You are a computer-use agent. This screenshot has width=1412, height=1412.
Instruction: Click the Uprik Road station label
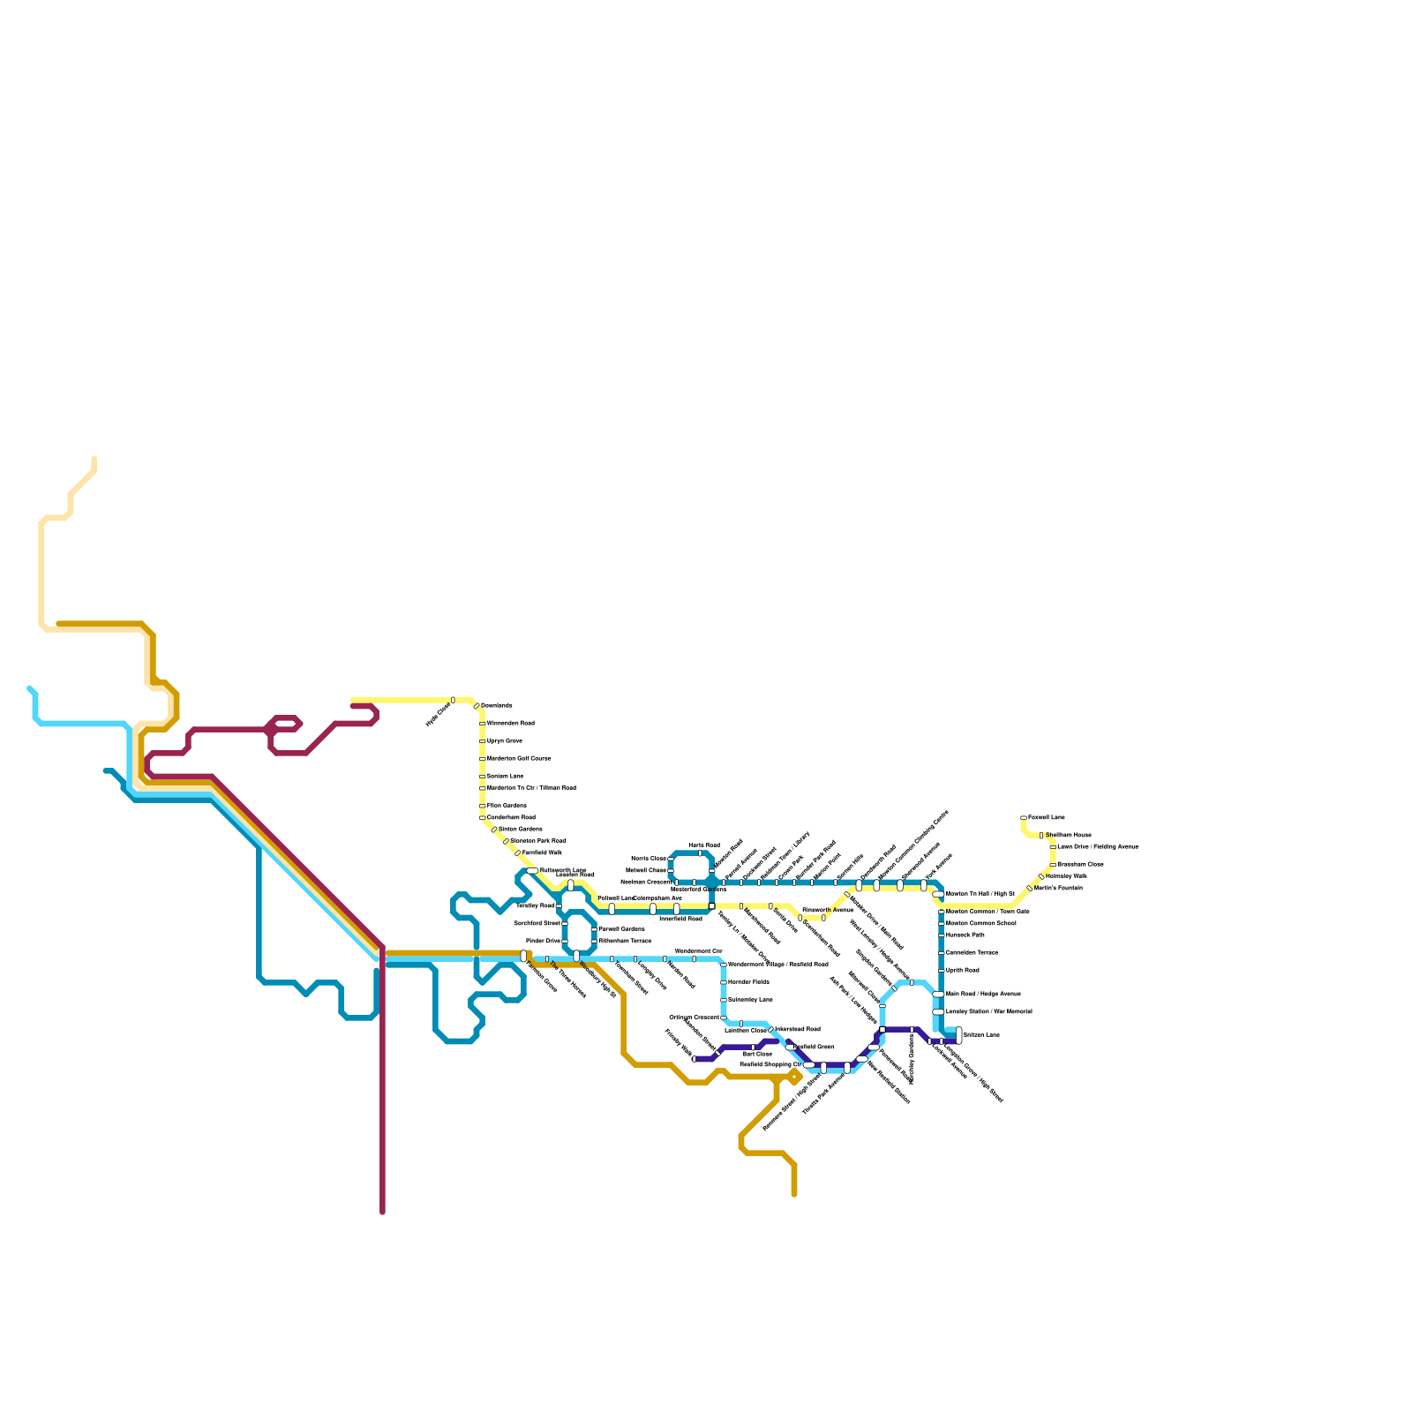(962, 970)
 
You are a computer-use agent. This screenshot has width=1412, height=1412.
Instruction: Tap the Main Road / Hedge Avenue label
(983, 994)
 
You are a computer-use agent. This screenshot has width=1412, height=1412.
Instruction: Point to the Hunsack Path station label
(965, 935)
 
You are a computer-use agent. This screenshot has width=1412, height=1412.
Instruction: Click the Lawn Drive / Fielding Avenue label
(1097, 846)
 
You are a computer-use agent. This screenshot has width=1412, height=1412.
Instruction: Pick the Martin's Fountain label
(1058, 888)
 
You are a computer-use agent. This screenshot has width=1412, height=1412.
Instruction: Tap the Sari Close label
(756, 1054)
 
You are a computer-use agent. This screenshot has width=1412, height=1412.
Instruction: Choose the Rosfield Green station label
(815, 1047)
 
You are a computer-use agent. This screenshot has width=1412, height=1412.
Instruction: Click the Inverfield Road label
(680, 919)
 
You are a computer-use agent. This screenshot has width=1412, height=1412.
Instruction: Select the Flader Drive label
(543, 941)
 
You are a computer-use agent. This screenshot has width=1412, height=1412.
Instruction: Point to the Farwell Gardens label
(621, 929)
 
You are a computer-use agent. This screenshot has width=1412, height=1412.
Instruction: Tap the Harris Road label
(703, 845)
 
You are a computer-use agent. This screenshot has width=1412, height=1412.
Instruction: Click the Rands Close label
(649, 858)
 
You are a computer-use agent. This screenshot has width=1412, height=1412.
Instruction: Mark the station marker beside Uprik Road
(942, 970)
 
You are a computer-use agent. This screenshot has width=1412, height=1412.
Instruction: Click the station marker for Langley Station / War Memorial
(938, 1012)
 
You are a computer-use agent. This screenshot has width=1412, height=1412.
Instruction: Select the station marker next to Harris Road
(700, 853)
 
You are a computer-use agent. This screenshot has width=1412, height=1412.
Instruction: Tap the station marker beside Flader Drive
(565, 942)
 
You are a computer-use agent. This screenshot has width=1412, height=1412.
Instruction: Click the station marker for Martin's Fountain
(1030, 889)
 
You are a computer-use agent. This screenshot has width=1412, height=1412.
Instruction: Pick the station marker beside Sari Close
(753, 1048)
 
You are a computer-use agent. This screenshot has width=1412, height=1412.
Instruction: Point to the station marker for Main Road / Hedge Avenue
(938, 995)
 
